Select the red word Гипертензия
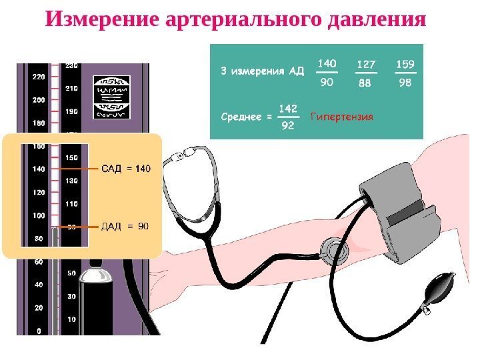(x=342, y=117)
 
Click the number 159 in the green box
(x=405, y=65)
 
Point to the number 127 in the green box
(x=366, y=65)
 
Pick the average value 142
(x=287, y=108)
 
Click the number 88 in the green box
(x=365, y=84)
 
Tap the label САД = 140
(x=126, y=169)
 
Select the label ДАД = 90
(x=125, y=227)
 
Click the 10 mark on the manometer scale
(x=71, y=320)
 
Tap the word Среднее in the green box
(x=241, y=117)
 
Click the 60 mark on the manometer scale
(x=39, y=262)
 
